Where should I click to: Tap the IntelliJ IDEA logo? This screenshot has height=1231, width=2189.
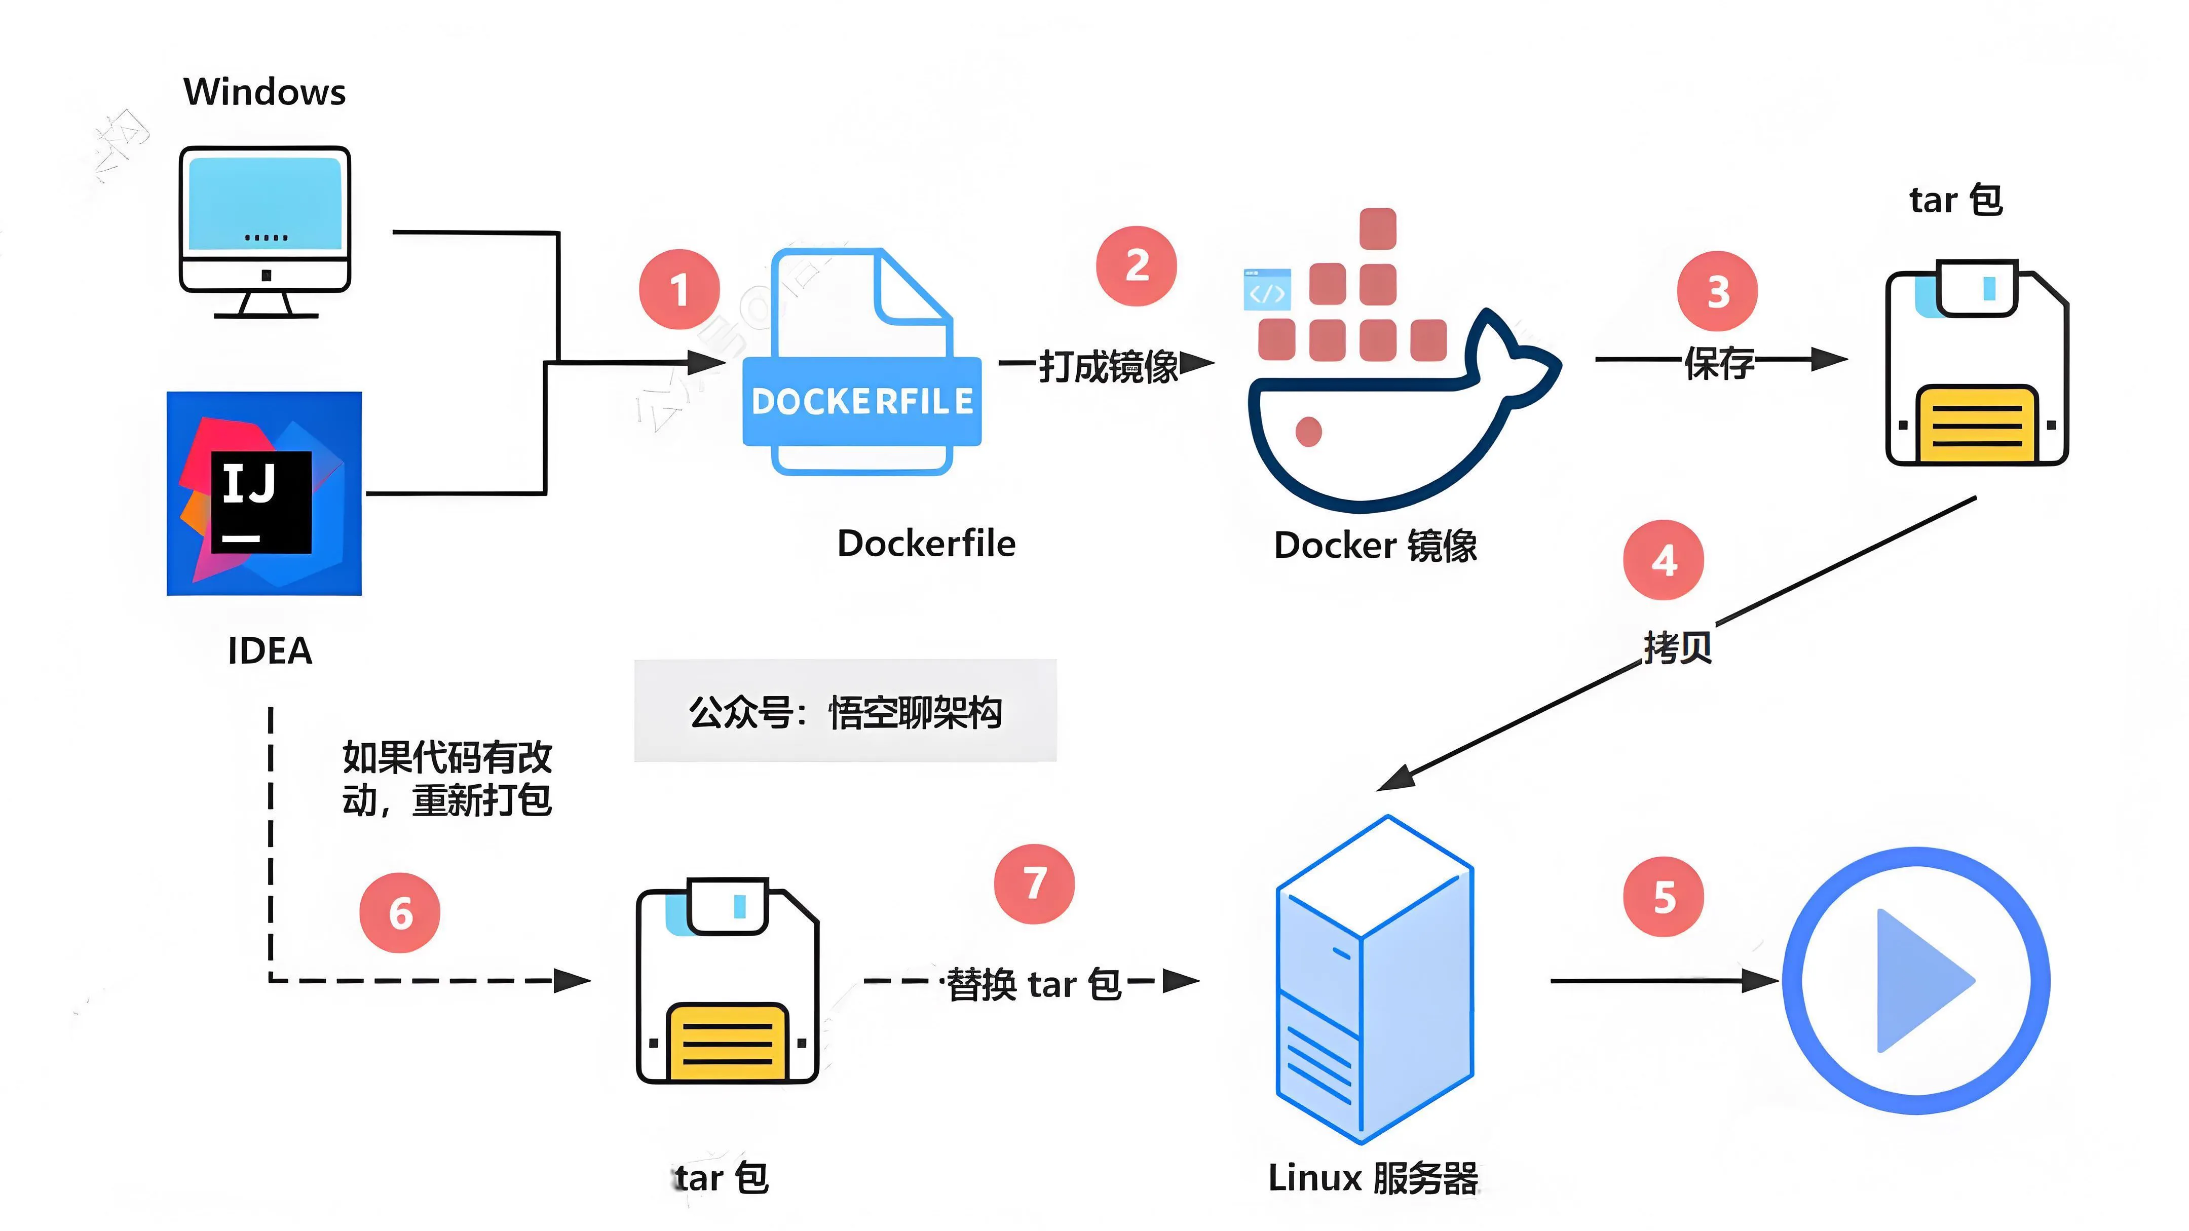265,493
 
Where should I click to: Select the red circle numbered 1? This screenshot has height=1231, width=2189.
679,290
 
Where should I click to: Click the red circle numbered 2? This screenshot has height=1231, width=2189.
1136,266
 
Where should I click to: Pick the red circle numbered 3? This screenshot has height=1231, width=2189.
1717,291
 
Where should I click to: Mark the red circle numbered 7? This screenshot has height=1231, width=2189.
1034,883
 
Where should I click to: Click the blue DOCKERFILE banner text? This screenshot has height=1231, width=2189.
861,401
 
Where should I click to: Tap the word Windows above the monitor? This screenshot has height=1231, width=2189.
265,92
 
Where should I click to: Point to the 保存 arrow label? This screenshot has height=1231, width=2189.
1719,363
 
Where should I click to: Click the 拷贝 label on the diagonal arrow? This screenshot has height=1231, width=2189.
1677,647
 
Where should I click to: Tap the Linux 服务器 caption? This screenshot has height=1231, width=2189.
1372,1178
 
